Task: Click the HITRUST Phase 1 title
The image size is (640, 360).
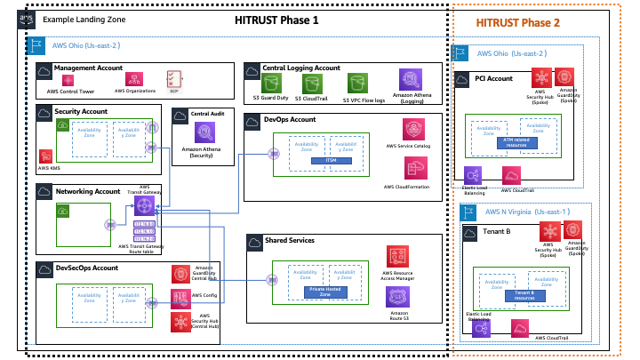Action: point(276,20)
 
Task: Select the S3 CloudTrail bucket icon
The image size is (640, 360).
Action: point(311,84)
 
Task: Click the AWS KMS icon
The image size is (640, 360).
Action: point(44,156)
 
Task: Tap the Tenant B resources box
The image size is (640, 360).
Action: point(524,295)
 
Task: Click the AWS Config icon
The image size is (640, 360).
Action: point(180,296)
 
